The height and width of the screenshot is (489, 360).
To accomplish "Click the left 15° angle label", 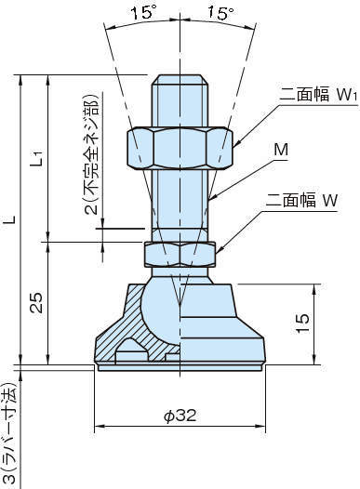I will [x=142, y=14].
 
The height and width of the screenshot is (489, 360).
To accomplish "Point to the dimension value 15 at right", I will [x=327, y=322].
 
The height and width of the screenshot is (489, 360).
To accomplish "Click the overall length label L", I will [x=10, y=222].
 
